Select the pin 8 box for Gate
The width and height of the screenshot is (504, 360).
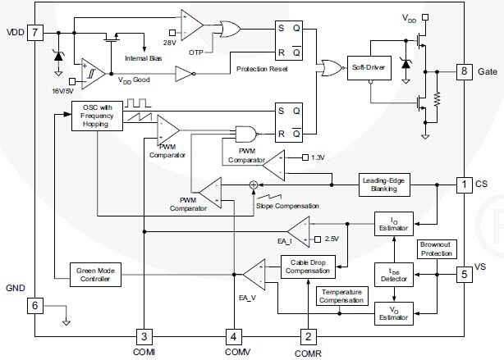click(x=465, y=72)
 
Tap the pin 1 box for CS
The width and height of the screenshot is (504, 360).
click(x=465, y=185)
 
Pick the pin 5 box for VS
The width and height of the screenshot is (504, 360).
click(x=465, y=274)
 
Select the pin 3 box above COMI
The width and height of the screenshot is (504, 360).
click(x=144, y=335)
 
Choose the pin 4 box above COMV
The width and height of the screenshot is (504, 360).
click(x=233, y=335)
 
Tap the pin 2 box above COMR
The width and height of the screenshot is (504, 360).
click(x=308, y=335)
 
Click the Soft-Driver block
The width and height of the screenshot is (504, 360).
click(x=369, y=66)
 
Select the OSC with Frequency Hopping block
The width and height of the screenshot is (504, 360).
click(x=97, y=116)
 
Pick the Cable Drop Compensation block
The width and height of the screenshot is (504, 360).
click(x=308, y=266)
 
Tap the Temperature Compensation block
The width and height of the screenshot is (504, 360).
click(x=342, y=296)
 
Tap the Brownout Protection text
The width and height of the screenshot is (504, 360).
click(x=437, y=249)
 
